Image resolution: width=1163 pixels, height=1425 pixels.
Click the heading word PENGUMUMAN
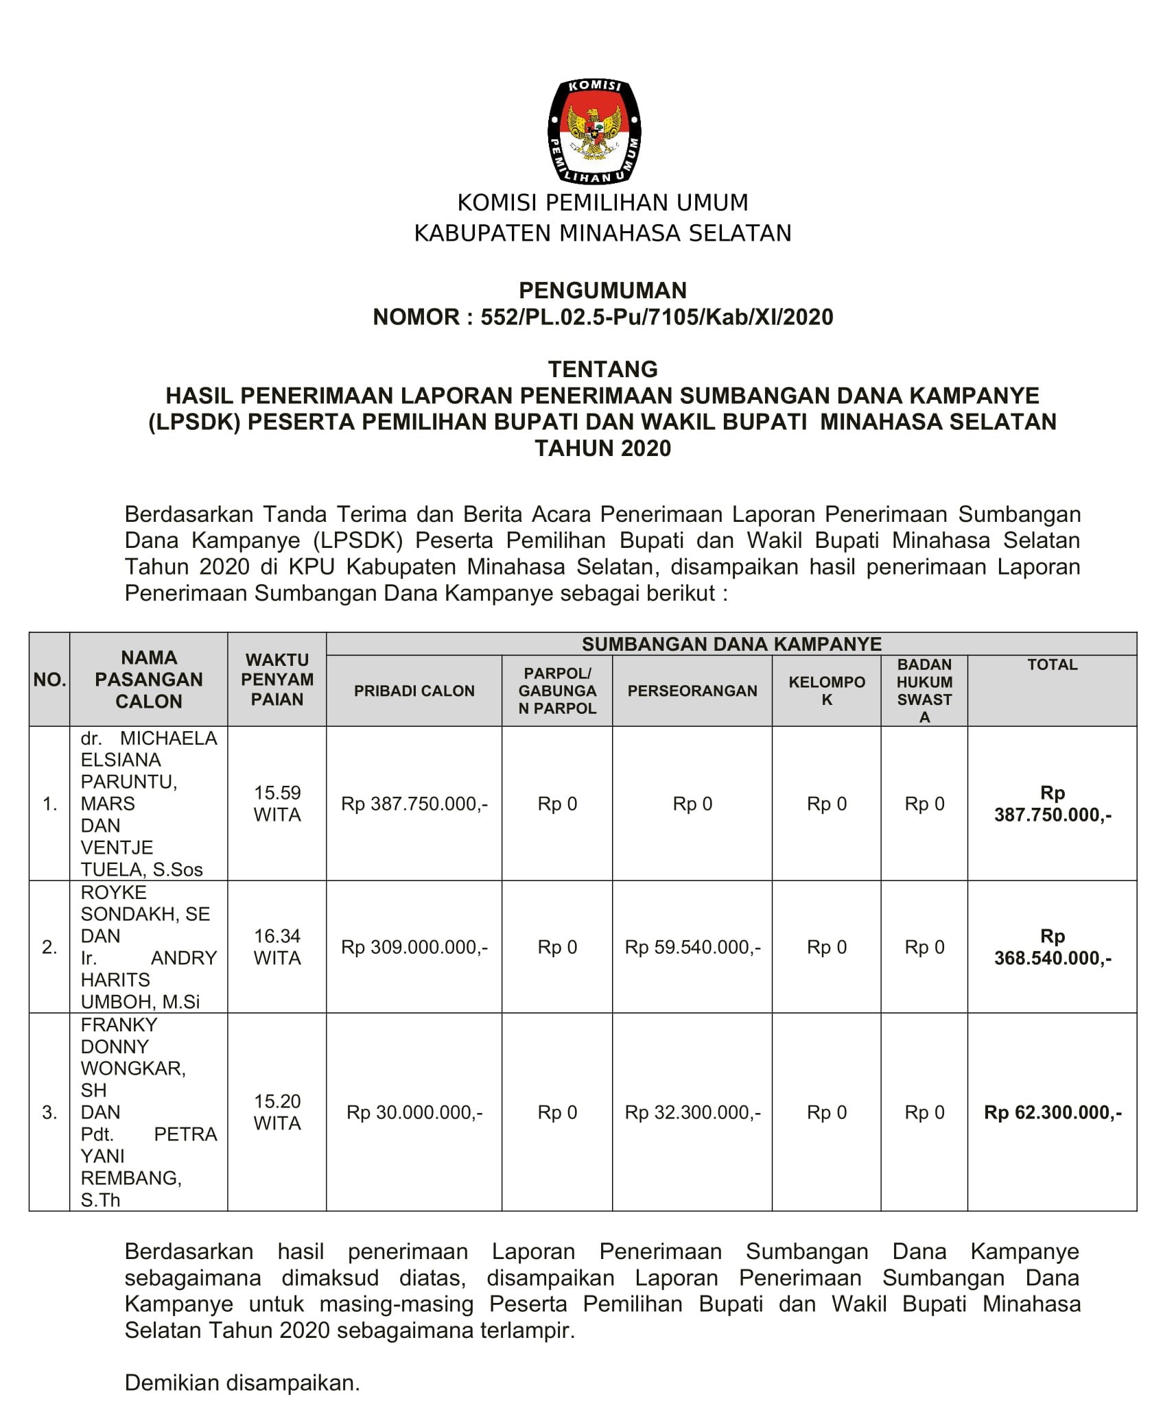tap(602, 290)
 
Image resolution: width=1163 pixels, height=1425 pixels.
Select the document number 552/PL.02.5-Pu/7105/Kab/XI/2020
tap(657, 317)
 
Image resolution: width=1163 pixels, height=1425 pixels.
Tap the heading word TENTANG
tap(602, 369)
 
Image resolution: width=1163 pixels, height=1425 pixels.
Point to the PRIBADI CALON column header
tap(414, 691)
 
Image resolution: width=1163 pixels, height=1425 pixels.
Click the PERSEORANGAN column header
tap(692, 691)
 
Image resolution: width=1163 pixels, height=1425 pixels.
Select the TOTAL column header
tap(1052, 664)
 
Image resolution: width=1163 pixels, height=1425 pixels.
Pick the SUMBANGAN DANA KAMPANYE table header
tap(731, 644)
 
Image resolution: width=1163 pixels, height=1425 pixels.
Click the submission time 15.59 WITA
tap(277, 803)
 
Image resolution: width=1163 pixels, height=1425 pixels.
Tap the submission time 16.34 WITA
tap(277, 946)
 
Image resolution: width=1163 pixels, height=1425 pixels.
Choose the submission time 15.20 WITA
tap(277, 1112)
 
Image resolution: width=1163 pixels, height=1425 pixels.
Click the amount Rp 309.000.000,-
tap(414, 947)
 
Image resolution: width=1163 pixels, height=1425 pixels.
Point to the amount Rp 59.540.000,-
tap(692, 947)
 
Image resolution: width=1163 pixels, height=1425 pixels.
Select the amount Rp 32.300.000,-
tap(692, 1112)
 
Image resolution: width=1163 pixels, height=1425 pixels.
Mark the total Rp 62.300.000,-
tap(1053, 1112)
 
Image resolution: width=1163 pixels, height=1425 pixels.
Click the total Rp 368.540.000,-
tap(1053, 947)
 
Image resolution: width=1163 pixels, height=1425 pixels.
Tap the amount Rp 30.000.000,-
tap(414, 1112)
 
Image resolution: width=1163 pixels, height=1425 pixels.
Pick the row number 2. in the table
tap(49, 947)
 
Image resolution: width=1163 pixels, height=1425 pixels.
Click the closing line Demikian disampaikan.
tap(242, 1382)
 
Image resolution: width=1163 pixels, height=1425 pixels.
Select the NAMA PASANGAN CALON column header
tap(149, 679)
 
